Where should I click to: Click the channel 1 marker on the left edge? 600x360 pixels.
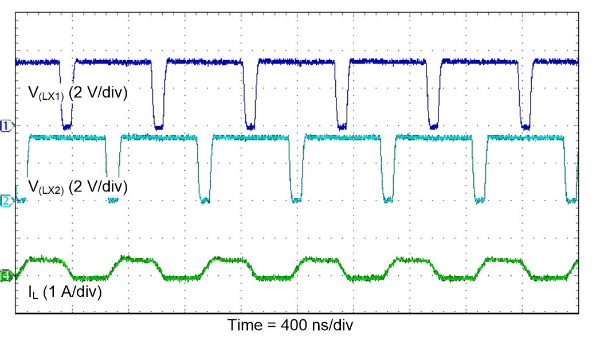coord(6,126)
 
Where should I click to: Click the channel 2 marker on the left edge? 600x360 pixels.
coord(6,201)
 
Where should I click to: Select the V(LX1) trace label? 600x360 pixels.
coord(77,94)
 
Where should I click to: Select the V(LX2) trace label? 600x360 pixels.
coord(77,187)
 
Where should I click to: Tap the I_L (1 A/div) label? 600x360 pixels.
coord(65,292)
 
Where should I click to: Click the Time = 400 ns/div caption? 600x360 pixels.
coord(291,325)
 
